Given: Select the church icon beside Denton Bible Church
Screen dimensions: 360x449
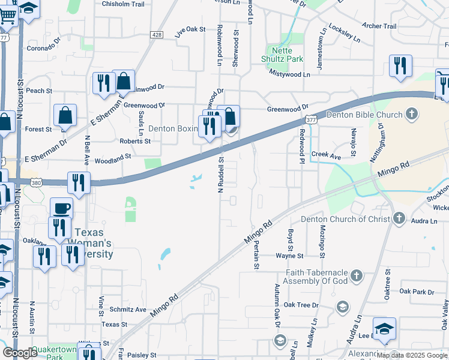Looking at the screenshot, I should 412,113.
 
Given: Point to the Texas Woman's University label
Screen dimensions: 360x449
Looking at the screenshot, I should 93,243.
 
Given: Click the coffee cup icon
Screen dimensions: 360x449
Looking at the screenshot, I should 61,208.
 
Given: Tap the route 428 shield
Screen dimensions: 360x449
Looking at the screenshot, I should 157,35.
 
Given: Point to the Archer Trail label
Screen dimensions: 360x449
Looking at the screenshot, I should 379,26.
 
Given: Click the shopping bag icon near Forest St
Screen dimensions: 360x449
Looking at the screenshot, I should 65,115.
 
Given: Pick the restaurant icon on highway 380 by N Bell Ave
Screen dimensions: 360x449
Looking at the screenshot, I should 79,182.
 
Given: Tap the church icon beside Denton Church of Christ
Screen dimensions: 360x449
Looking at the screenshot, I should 400,219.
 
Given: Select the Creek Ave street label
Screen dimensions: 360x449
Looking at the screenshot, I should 325,155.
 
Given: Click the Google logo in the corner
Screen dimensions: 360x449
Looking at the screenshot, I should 20,353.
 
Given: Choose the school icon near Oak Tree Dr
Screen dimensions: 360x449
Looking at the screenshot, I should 342,307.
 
